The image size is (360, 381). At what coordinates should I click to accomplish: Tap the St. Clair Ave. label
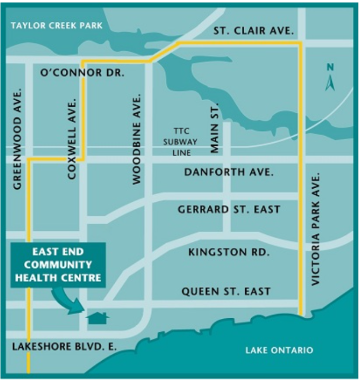(253, 31)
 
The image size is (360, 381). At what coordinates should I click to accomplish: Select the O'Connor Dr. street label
(82, 73)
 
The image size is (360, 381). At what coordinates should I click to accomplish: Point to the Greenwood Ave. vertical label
(18, 139)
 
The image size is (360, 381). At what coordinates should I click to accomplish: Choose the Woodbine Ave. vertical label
(136, 141)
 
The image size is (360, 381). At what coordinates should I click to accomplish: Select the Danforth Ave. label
(229, 172)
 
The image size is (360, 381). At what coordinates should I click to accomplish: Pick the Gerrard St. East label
(229, 209)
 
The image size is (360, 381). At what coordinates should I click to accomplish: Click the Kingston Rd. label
(229, 251)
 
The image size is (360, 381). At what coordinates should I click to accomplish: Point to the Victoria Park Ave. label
(316, 230)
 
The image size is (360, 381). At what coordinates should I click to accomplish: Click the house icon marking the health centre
(98, 317)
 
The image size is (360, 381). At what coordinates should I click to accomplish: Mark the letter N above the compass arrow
(330, 67)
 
